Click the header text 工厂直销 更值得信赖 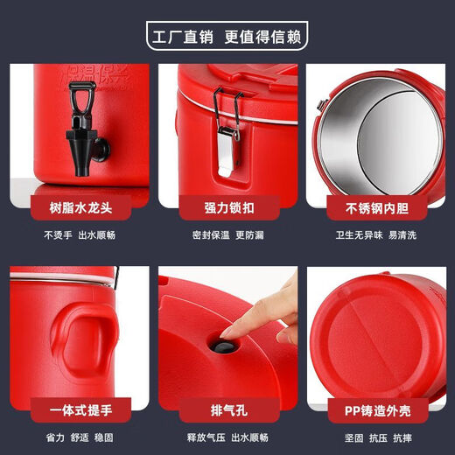coord(227,39)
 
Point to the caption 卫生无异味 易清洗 coord(375,234)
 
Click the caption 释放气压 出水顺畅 coord(227,436)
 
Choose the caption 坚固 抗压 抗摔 coord(375,436)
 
